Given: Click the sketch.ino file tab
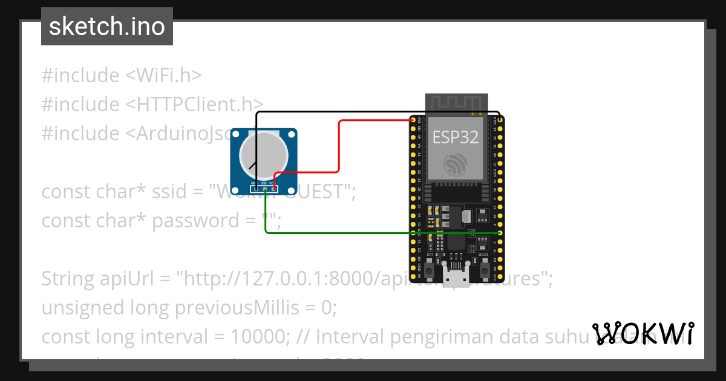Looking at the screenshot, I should click(107, 27).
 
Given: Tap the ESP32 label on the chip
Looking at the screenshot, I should click(455, 137).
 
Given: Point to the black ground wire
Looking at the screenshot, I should click(375, 112).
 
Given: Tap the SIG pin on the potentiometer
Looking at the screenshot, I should click(264, 189).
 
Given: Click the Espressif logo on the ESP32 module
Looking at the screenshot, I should click(455, 165).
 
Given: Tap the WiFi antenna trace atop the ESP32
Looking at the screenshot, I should click(456, 103).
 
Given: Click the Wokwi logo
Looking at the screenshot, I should click(643, 334).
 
